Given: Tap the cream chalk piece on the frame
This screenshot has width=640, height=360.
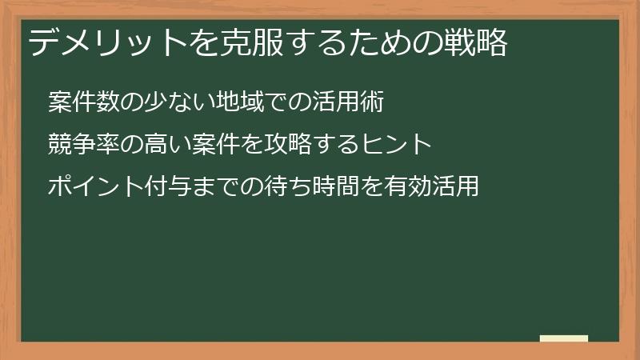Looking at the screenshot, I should click(x=564, y=338).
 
